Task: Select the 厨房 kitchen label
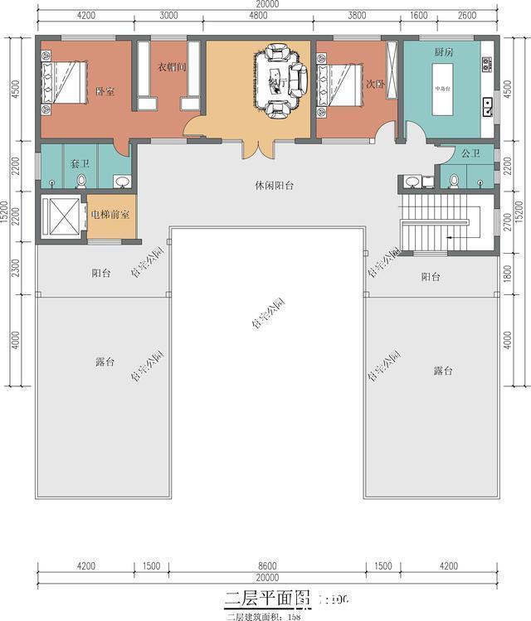pyautogui.click(x=443, y=52)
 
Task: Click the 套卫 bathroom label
pyautogui.click(x=80, y=164)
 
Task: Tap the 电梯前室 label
pyautogui.click(x=110, y=215)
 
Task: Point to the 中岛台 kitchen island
pyautogui.click(x=441, y=86)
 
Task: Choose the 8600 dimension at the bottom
pyautogui.click(x=265, y=566)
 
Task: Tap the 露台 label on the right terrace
pyautogui.click(x=443, y=370)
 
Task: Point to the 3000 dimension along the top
pyautogui.click(x=168, y=15)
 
